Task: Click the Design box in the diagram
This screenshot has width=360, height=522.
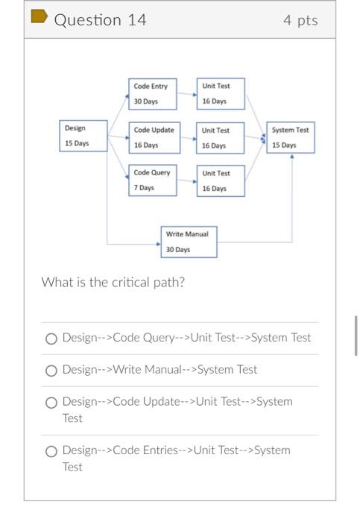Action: tap(83, 136)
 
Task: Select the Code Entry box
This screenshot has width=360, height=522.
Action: tap(153, 94)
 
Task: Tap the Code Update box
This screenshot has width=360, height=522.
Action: tap(153, 137)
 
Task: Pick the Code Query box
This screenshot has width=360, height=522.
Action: tap(153, 180)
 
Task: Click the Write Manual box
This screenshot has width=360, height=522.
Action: tap(189, 242)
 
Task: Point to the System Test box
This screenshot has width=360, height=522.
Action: tap(291, 137)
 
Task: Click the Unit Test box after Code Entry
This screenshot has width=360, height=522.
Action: tap(220, 94)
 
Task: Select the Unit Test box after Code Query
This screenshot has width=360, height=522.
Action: tap(220, 181)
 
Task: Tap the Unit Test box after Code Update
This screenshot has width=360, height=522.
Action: tap(220, 138)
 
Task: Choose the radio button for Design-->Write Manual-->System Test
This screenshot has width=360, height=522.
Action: tap(51, 371)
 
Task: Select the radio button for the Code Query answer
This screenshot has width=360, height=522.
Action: tap(51, 339)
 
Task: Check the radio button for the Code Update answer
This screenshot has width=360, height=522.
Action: tap(51, 403)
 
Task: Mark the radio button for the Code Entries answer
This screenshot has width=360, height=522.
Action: tap(51, 451)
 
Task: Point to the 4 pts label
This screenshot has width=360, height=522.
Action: tap(300, 20)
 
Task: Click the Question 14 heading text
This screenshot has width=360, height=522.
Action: tap(100, 20)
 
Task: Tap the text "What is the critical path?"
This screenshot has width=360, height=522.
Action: tap(113, 283)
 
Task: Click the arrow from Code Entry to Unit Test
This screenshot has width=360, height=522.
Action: tap(187, 95)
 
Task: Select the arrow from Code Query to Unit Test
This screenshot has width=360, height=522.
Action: tap(187, 181)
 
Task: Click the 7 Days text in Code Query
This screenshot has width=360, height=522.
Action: tap(144, 188)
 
